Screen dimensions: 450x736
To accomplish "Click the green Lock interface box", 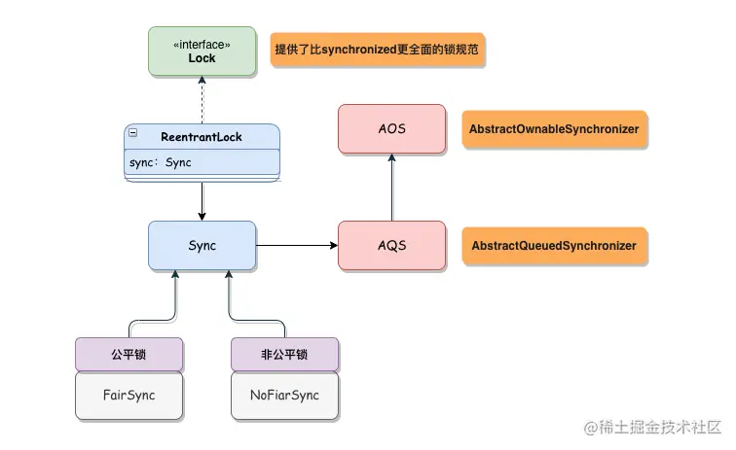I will pos(202,51).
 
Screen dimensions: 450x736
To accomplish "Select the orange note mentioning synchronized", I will pos(378,50).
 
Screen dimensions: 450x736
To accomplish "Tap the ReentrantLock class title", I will pos(202,137).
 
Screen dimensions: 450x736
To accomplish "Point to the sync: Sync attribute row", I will pos(202,162).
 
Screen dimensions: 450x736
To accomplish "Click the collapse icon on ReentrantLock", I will pos(132,132).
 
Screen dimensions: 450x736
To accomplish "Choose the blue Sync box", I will pos(202,245).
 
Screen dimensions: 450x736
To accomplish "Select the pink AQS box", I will pos(391,245).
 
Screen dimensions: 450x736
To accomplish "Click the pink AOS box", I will pos(391,128).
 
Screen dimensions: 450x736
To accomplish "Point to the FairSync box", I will pos(129,396).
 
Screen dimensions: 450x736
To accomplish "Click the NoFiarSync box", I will pos(284,396).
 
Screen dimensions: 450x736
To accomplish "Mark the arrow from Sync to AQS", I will pos(297,246).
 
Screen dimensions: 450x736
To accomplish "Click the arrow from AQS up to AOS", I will pos(391,187).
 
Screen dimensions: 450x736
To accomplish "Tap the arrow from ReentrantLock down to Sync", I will pos(202,200).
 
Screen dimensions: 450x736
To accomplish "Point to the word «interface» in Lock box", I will pos(202,43).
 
